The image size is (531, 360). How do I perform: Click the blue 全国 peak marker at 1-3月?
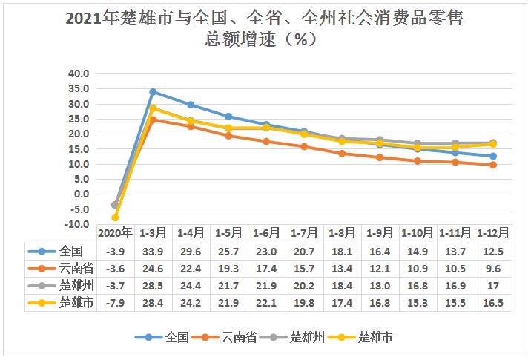pyautogui.click(x=153, y=92)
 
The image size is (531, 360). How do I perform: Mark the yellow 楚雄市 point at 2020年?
pyautogui.click(x=115, y=217)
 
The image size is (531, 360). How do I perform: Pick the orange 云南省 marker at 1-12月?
pyautogui.click(x=493, y=165)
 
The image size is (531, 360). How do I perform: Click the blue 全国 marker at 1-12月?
pyautogui.click(x=493, y=156)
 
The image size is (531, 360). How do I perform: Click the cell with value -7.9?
pyautogui.click(x=115, y=303)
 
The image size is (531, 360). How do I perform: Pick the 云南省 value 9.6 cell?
pyautogui.click(x=493, y=268)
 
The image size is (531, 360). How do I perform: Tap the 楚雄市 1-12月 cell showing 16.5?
pyautogui.click(x=493, y=303)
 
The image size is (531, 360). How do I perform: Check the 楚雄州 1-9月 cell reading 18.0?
pyautogui.click(x=380, y=286)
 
